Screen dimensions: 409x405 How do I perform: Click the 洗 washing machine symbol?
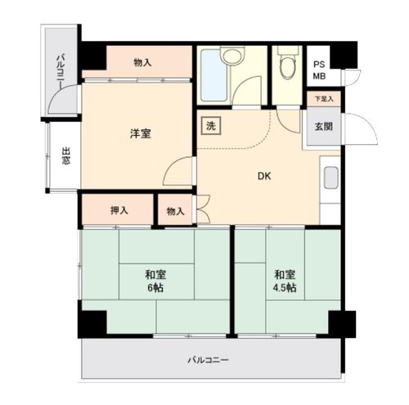[211, 126]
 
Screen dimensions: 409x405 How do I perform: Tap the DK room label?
[264, 176]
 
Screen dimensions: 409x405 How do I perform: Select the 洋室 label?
[140, 133]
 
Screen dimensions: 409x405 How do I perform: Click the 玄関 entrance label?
[324, 127]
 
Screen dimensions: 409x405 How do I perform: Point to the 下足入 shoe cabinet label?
[324, 99]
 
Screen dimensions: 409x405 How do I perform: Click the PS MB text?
[319, 70]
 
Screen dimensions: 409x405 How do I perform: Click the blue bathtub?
[213, 75]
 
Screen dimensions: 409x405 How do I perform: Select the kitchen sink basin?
[331, 178]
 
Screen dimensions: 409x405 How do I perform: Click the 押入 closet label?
[119, 210]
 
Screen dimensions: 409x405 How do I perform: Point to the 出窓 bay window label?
[65, 155]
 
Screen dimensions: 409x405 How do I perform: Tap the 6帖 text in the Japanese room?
[155, 288]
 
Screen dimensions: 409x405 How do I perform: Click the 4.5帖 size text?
[285, 288]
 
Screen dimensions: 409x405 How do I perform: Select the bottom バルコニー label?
[208, 360]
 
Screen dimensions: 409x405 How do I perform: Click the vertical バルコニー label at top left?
[61, 72]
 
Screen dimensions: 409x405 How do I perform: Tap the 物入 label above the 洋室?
[142, 63]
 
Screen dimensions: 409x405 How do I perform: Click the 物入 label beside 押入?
[175, 211]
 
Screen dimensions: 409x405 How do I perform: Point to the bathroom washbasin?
[232, 56]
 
